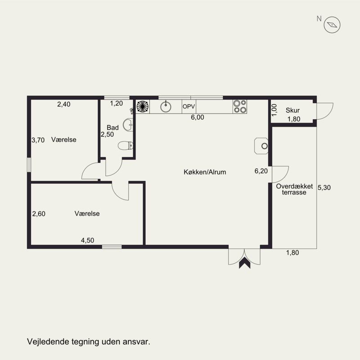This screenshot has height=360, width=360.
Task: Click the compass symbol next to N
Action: tap(332, 25)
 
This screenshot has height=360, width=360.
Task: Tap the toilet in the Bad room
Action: tap(126, 145)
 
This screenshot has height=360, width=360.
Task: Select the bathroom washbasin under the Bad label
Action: tap(128, 125)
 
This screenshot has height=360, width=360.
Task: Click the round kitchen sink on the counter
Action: tap(166, 107)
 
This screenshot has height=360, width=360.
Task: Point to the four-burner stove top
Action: tap(240, 107)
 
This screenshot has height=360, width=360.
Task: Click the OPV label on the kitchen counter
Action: tap(189, 107)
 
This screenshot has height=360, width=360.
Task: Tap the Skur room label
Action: tap(292, 110)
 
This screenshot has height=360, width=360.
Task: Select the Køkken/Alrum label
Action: tap(205, 172)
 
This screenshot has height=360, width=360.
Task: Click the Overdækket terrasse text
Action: tap(294, 189)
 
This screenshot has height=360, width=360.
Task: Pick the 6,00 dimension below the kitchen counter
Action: tap(198, 117)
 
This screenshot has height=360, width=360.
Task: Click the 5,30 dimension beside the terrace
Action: tap(324, 188)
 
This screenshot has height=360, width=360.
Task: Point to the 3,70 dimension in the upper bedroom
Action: tap(38, 140)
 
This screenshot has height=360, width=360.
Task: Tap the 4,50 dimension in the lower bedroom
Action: tap(87, 240)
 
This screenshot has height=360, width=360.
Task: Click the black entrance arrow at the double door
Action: tap(244, 263)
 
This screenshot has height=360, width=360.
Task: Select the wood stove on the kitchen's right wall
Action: tap(261, 146)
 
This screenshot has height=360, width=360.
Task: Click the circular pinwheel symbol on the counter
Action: tap(143, 107)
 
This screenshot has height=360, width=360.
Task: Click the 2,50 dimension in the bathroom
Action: tap(107, 134)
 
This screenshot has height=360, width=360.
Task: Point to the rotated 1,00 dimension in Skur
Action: tap(274, 110)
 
